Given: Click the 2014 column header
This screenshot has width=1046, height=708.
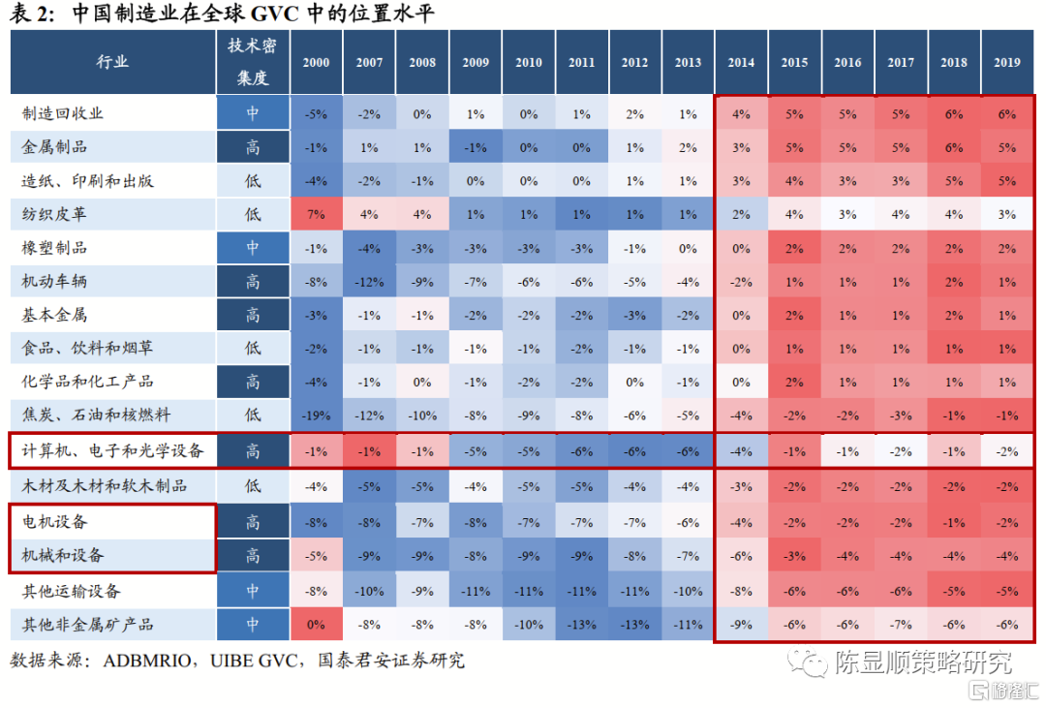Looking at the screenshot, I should click(x=741, y=62).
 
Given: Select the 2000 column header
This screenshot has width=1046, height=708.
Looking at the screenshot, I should click(x=316, y=62).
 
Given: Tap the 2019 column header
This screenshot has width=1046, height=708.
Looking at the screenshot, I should click(x=1006, y=62).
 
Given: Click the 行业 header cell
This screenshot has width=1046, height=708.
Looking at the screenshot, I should click(x=112, y=62).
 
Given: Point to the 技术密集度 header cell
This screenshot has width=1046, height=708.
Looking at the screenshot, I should click(x=253, y=62).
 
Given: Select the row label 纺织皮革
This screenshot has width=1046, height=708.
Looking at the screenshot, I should click(x=55, y=214).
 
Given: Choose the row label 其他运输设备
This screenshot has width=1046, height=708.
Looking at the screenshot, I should click(x=72, y=591).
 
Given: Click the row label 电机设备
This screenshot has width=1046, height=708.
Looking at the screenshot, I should click(x=55, y=521).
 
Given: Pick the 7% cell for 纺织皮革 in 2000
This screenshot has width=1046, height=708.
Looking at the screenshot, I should click(x=316, y=214).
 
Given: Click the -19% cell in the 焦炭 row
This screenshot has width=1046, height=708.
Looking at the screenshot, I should click(x=316, y=416).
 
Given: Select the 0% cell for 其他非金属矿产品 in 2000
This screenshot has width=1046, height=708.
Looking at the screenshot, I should click(x=316, y=625).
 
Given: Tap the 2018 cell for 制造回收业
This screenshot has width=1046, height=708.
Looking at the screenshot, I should click(x=953, y=113).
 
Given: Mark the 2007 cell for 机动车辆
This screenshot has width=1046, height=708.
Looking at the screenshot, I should click(x=369, y=281).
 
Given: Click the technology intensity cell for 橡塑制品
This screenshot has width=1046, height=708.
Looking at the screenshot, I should click(x=253, y=248).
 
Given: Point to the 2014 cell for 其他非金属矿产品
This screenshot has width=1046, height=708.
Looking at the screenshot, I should click(x=741, y=625).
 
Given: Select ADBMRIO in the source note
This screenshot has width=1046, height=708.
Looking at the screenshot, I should click(x=144, y=662).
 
